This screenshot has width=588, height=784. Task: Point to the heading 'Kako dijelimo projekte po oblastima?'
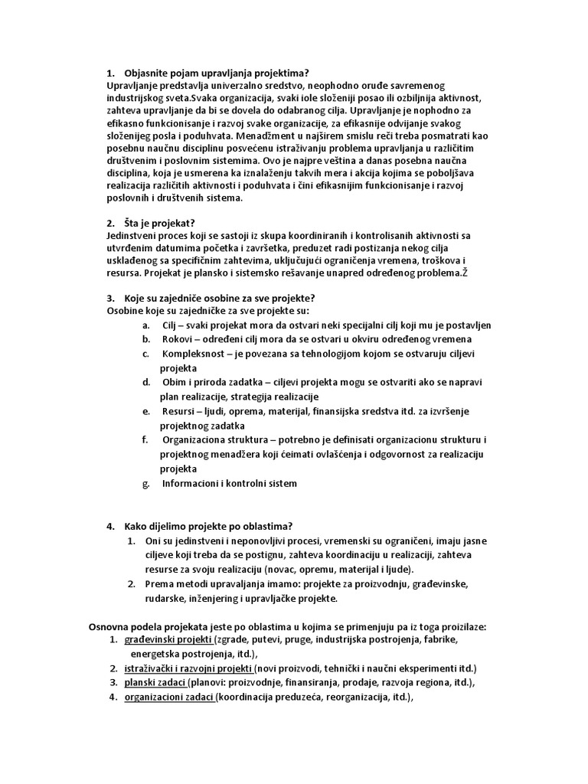[x=209, y=526]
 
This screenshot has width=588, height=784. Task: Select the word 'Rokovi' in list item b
[x=178, y=339]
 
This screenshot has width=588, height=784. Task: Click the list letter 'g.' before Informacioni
[x=146, y=483]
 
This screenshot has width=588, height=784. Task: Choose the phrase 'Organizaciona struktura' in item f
[x=217, y=439]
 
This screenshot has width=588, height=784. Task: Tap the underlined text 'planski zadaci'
[x=157, y=682]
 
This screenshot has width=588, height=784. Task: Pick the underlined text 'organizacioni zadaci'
[x=170, y=697]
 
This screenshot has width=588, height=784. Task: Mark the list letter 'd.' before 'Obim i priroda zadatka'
[x=146, y=382]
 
